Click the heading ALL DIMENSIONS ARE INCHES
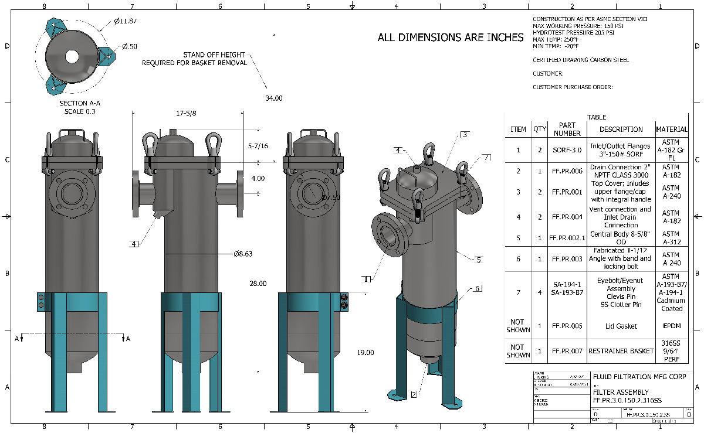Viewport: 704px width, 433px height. pos(451,37)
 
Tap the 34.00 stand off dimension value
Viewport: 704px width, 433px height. pos(273,98)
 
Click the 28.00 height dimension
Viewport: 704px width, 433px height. pos(258,283)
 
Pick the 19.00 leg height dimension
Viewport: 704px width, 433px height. pos(365,352)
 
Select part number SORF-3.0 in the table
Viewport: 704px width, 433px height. pos(566,150)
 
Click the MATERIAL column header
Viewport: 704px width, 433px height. pos(671,129)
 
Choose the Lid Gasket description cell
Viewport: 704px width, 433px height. pos(621,326)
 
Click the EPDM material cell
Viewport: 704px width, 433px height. pos(671,326)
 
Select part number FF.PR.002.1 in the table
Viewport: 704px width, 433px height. pos(566,238)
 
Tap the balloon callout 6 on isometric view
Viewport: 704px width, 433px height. pos(478,289)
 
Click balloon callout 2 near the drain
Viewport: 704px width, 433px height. pos(414,394)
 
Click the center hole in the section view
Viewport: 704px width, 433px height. pos(72,56)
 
